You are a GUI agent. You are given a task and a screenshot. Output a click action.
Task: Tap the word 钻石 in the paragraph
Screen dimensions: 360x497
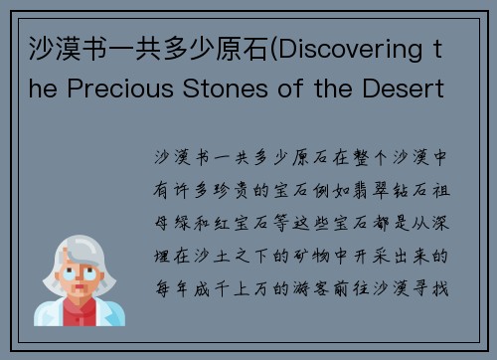coord(408,190)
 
